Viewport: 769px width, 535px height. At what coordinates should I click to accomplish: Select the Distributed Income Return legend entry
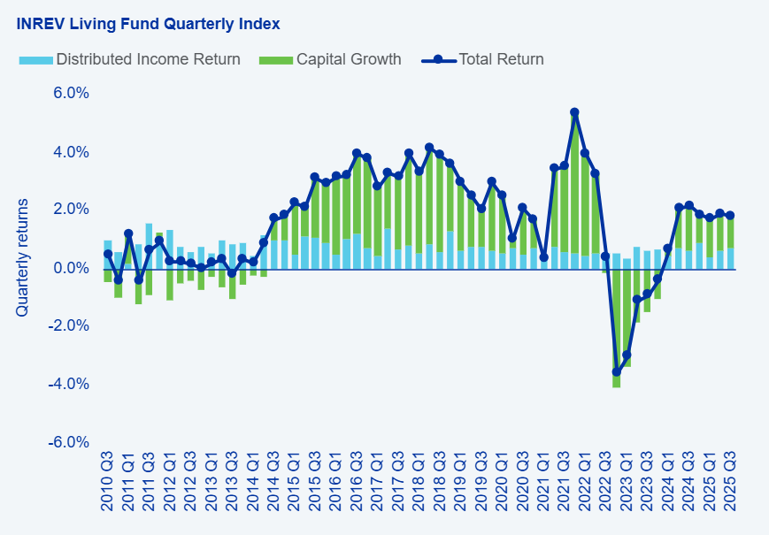(147, 60)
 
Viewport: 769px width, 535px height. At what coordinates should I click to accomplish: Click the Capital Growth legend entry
(348, 60)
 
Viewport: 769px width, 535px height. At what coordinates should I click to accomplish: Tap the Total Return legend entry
(500, 60)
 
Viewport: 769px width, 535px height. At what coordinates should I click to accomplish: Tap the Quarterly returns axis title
(22, 257)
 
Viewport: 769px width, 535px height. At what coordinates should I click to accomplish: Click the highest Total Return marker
(574, 113)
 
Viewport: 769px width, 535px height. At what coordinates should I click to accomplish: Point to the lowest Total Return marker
(616, 371)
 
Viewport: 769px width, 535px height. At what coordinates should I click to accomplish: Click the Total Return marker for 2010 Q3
(108, 254)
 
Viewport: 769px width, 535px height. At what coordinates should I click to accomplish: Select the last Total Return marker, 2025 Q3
(730, 216)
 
